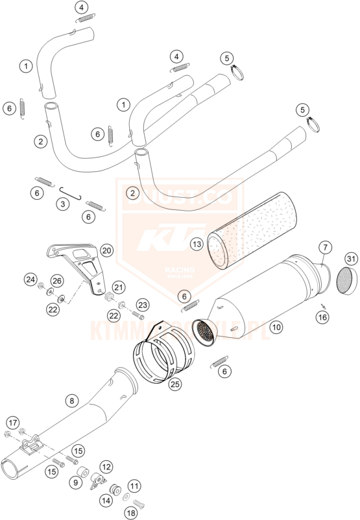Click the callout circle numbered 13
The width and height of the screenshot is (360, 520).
click(197, 244)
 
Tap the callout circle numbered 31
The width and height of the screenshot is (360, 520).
click(351, 259)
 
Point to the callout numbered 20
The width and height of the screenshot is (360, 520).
click(106, 250)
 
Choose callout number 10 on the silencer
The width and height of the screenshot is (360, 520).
click(276, 328)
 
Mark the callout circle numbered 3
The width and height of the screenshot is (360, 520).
click(62, 204)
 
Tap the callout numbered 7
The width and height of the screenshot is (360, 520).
click(325, 247)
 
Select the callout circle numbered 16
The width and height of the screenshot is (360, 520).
click(322, 317)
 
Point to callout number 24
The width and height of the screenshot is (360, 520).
click(30, 279)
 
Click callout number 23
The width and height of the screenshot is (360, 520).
click(143, 305)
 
